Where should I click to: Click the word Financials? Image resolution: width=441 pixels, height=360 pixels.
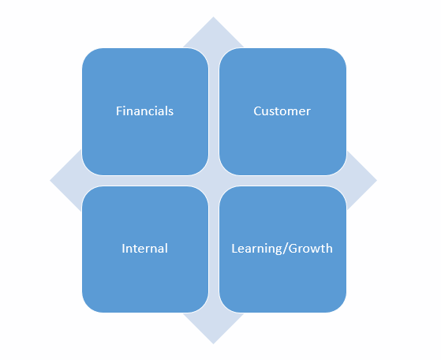144,111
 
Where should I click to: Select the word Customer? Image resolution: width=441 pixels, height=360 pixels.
282,111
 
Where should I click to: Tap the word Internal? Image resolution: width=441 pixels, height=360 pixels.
144,248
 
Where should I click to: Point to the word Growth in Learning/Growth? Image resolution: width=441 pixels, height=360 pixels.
311,248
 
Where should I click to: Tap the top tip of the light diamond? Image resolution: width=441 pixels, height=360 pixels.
213,17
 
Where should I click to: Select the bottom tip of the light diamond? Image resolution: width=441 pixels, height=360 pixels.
213,343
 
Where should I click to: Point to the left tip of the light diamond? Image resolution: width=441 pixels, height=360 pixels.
50,181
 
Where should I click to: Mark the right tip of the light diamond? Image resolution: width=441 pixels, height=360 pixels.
376,181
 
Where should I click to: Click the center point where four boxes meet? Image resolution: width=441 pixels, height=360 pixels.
214,181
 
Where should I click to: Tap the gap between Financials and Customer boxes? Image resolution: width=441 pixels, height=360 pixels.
214,111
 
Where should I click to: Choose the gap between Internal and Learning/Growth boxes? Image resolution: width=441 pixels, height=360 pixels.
214,249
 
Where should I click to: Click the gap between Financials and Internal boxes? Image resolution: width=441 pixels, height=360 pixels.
145,181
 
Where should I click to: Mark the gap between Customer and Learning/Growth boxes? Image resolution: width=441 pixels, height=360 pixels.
282,181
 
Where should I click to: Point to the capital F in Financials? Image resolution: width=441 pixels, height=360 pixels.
119,111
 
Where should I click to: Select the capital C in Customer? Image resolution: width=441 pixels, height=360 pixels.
257,111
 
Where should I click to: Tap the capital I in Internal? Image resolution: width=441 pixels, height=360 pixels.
123,249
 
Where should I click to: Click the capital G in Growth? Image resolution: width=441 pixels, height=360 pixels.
293,249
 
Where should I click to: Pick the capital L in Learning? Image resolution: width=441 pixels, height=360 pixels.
234,249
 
